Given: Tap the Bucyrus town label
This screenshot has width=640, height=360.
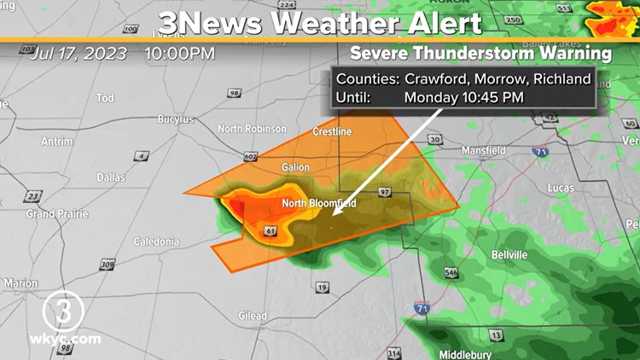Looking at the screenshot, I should (175, 119).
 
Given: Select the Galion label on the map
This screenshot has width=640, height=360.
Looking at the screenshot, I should (295, 167).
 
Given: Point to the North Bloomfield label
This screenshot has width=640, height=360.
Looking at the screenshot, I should (319, 204).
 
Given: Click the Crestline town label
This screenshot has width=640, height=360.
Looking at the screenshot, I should (332, 131).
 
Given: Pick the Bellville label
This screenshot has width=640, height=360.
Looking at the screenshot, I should (509, 255).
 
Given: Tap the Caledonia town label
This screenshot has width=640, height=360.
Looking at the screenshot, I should (156, 241).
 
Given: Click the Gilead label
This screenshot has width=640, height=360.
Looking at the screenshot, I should (252, 316).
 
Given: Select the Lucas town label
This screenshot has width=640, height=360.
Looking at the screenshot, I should (561, 188).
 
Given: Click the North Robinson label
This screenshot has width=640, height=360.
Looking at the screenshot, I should (252, 129).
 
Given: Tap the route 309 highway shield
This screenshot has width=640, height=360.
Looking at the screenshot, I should (106, 264).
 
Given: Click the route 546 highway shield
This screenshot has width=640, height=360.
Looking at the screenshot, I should (451, 273).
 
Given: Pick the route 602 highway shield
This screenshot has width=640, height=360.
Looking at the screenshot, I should (250, 156).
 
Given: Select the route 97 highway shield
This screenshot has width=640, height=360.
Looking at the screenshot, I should (385, 192).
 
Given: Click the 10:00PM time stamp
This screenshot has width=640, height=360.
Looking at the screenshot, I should (179, 54).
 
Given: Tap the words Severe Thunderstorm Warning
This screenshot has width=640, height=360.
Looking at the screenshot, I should (482, 53).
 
